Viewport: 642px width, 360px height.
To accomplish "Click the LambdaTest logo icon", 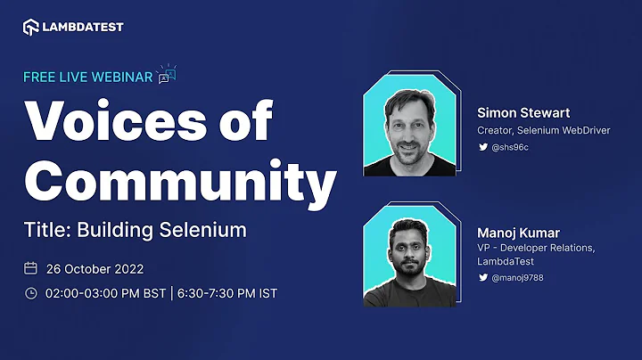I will tap(31, 27).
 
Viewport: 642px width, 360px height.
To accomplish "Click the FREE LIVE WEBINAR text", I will tap(87, 77).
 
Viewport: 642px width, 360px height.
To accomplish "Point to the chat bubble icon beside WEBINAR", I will tap(166, 75).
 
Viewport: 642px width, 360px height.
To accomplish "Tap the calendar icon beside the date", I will tap(30, 268).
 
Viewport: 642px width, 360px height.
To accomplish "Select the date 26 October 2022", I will tap(95, 268).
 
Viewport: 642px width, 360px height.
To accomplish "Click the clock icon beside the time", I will tap(30, 293).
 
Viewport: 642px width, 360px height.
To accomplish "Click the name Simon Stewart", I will tap(523, 113).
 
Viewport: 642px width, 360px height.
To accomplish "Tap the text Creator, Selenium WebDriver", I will tap(544, 131).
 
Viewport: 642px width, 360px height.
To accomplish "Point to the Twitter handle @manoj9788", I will tap(519, 278).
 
